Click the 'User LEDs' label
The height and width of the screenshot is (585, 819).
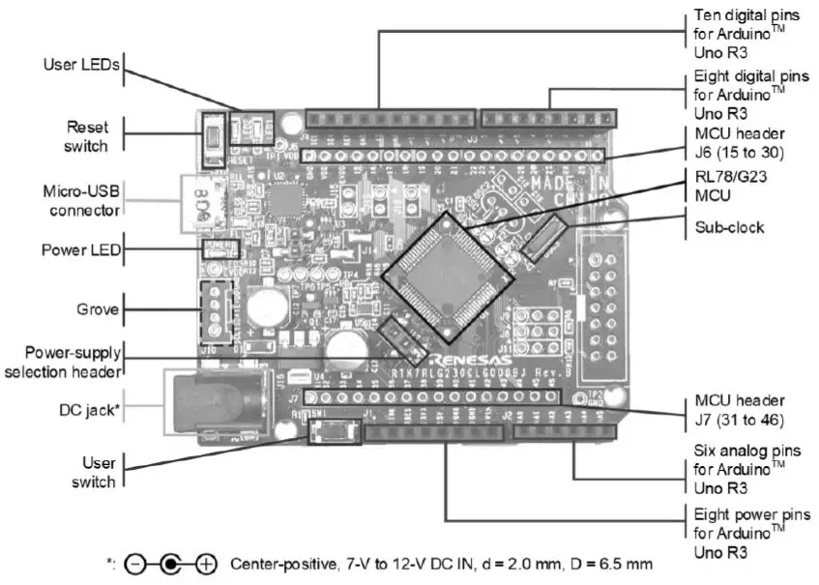[80, 66]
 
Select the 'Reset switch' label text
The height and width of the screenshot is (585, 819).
[87, 135]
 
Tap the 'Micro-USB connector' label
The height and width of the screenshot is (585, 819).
[81, 199]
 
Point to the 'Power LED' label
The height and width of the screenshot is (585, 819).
[81, 249]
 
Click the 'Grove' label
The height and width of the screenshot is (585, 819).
[99, 310]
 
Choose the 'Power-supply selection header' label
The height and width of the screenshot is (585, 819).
[66, 363]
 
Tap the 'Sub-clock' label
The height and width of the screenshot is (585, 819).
[729, 228]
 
